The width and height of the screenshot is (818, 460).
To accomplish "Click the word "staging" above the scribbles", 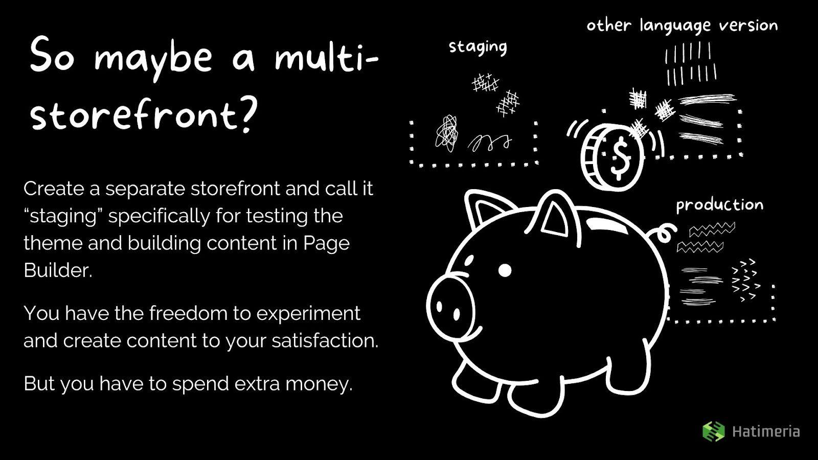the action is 478,48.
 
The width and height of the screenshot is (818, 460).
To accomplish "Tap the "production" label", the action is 720,205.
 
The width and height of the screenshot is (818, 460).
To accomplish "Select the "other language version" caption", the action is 682,26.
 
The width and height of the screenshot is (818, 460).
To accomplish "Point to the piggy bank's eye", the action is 505,270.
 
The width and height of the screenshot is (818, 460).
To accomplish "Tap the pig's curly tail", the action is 663,234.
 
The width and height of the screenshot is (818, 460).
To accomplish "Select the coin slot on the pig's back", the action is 606,224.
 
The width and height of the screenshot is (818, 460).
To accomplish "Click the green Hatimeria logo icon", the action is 714,431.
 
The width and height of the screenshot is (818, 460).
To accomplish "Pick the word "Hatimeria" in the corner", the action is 766,432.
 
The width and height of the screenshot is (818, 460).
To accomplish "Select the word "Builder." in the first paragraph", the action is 58,270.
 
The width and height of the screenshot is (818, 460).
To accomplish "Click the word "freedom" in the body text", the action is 188,313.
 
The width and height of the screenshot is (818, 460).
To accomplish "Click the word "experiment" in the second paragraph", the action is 308,314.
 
